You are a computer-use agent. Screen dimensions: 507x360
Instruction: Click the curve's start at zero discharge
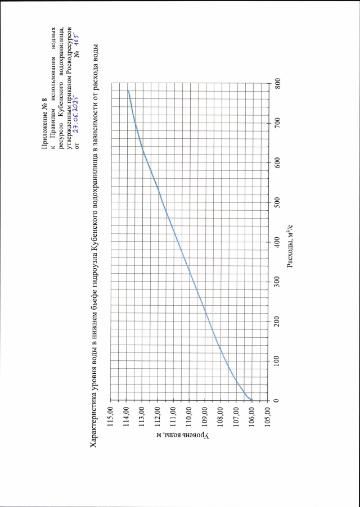pos(253,400)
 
